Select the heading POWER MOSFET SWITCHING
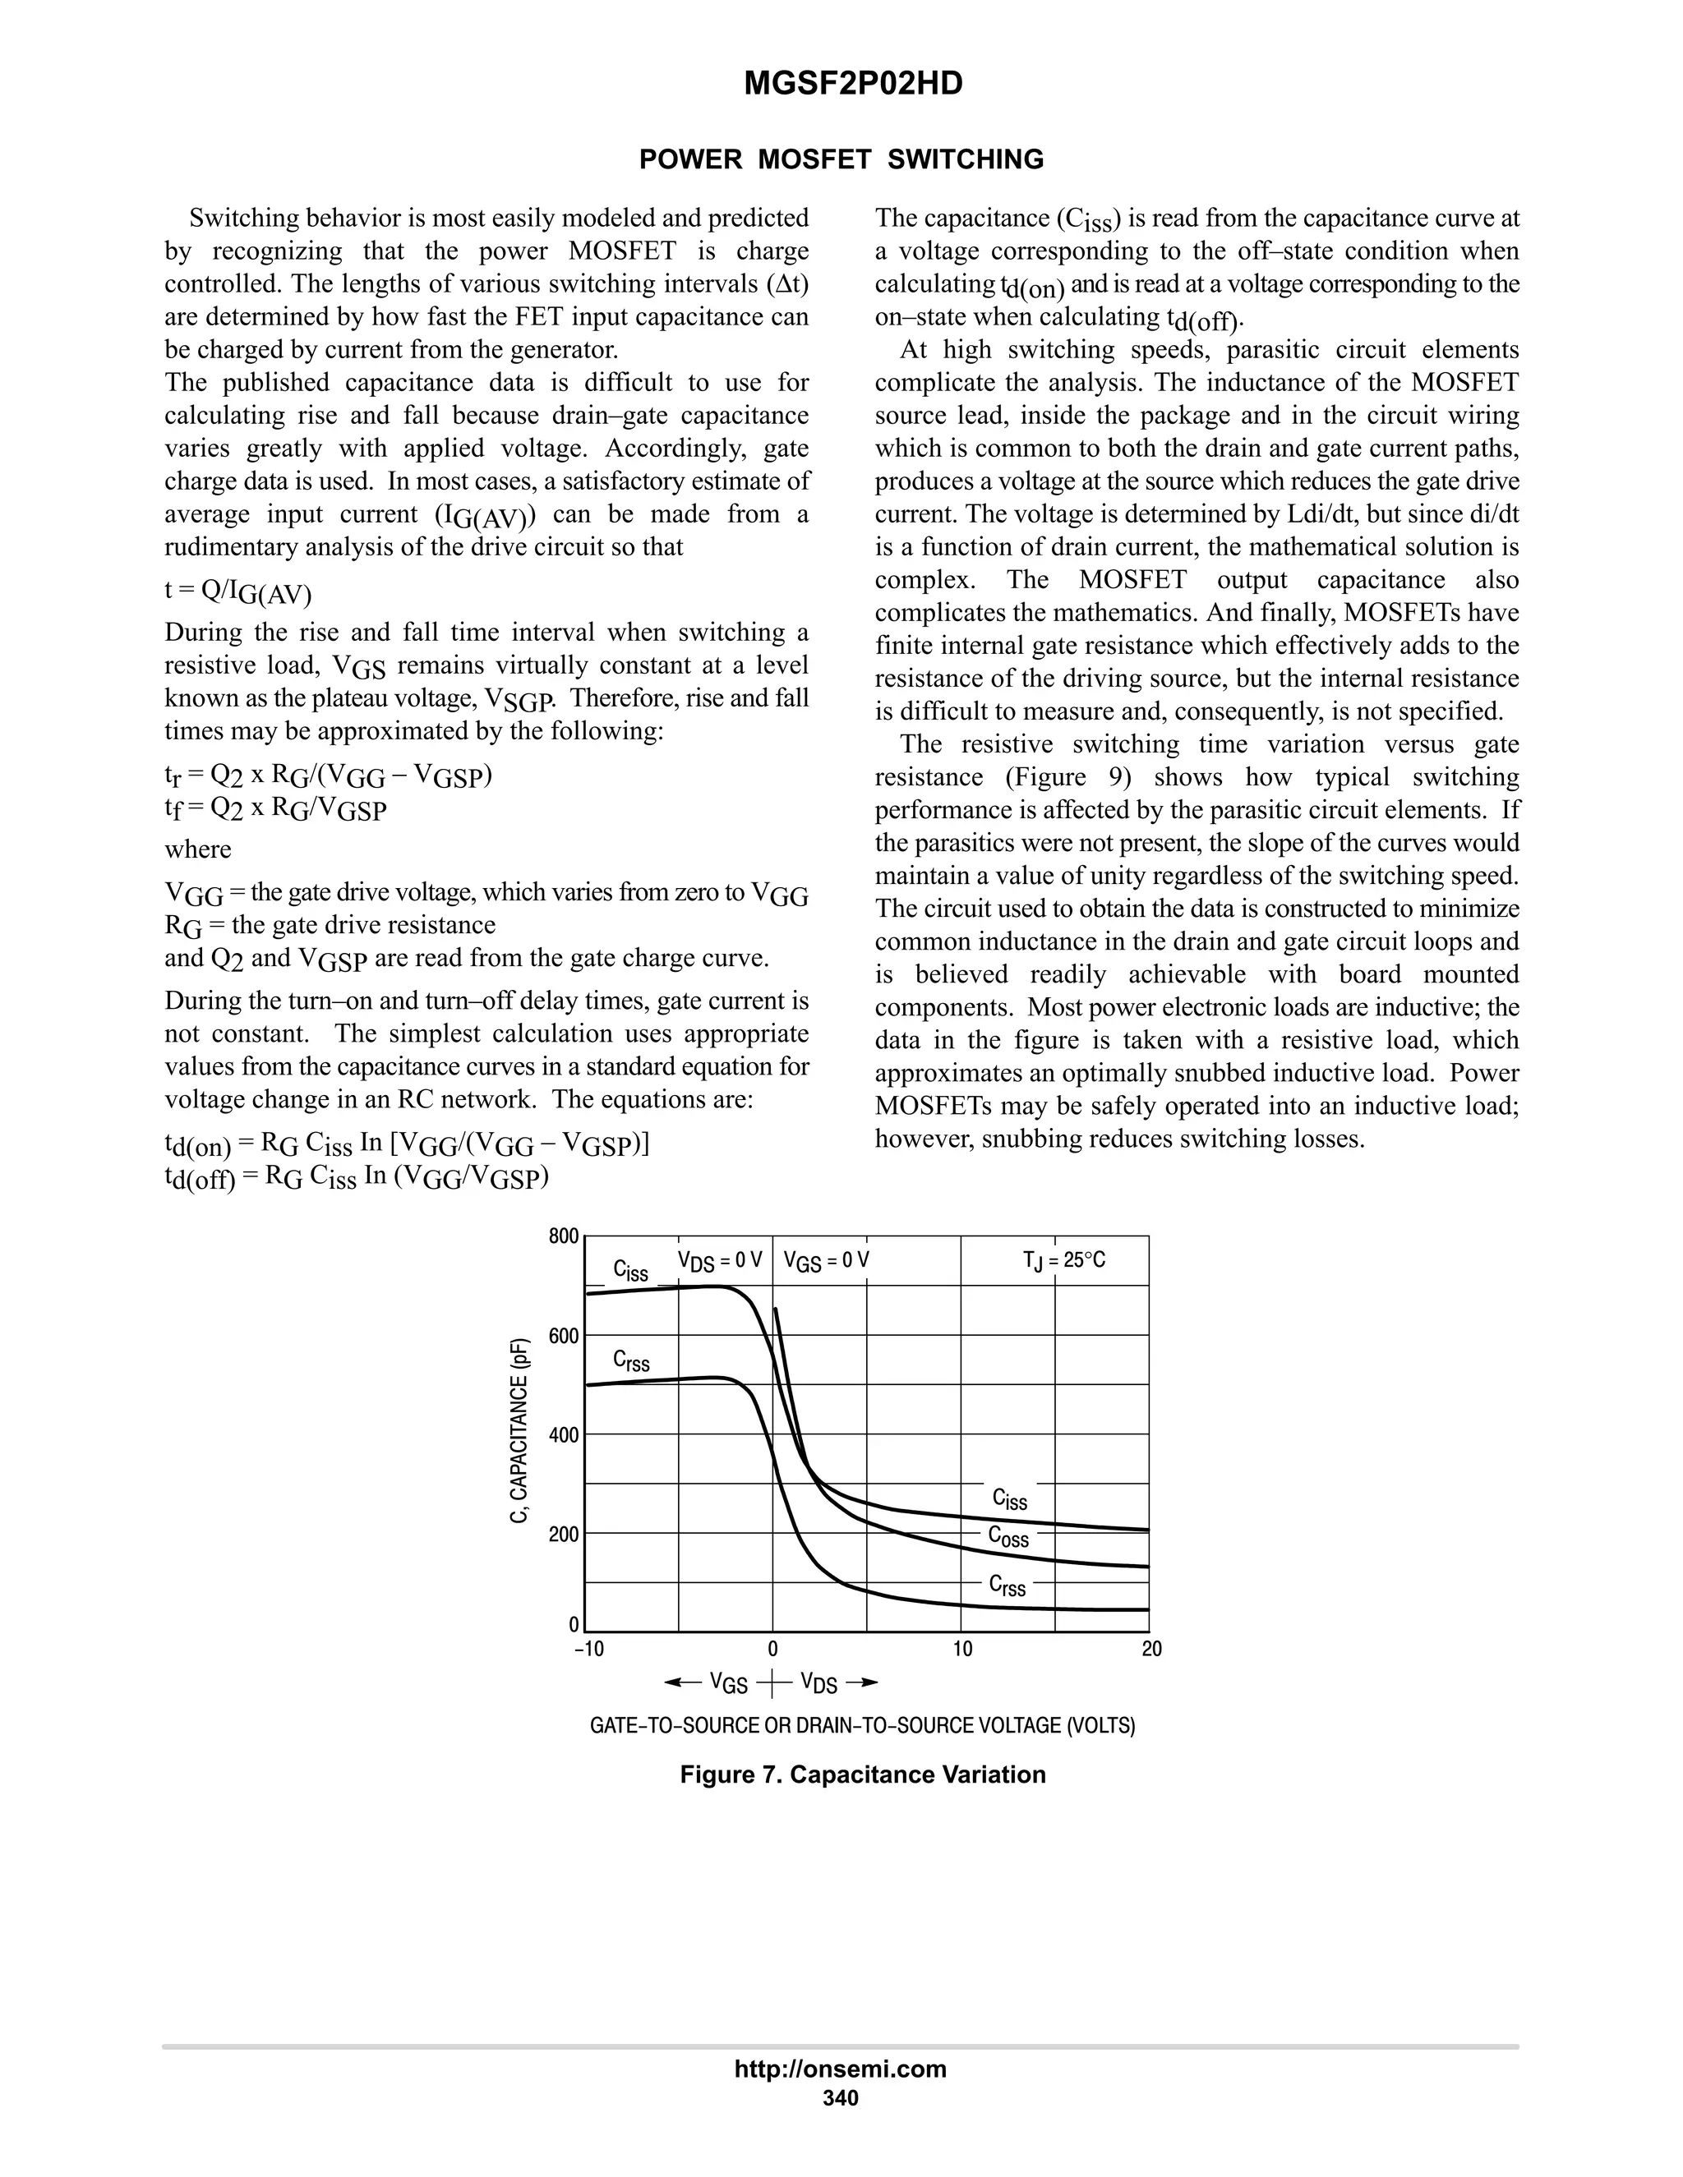(841, 159)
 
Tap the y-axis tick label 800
(563, 1237)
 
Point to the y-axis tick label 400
(563, 1435)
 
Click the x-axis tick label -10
(589, 1649)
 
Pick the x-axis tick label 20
(1151, 1649)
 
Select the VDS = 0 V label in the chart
(720, 1261)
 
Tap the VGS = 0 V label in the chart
(827, 1261)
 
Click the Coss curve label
(1008, 1536)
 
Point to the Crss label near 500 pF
(631, 1360)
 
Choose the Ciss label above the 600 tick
(630, 1271)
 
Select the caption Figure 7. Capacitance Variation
(862, 1774)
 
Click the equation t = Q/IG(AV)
(238, 592)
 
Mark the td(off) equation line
(357, 1177)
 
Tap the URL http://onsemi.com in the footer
(841, 2069)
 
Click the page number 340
(841, 2097)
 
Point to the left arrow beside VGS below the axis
(682, 1682)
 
